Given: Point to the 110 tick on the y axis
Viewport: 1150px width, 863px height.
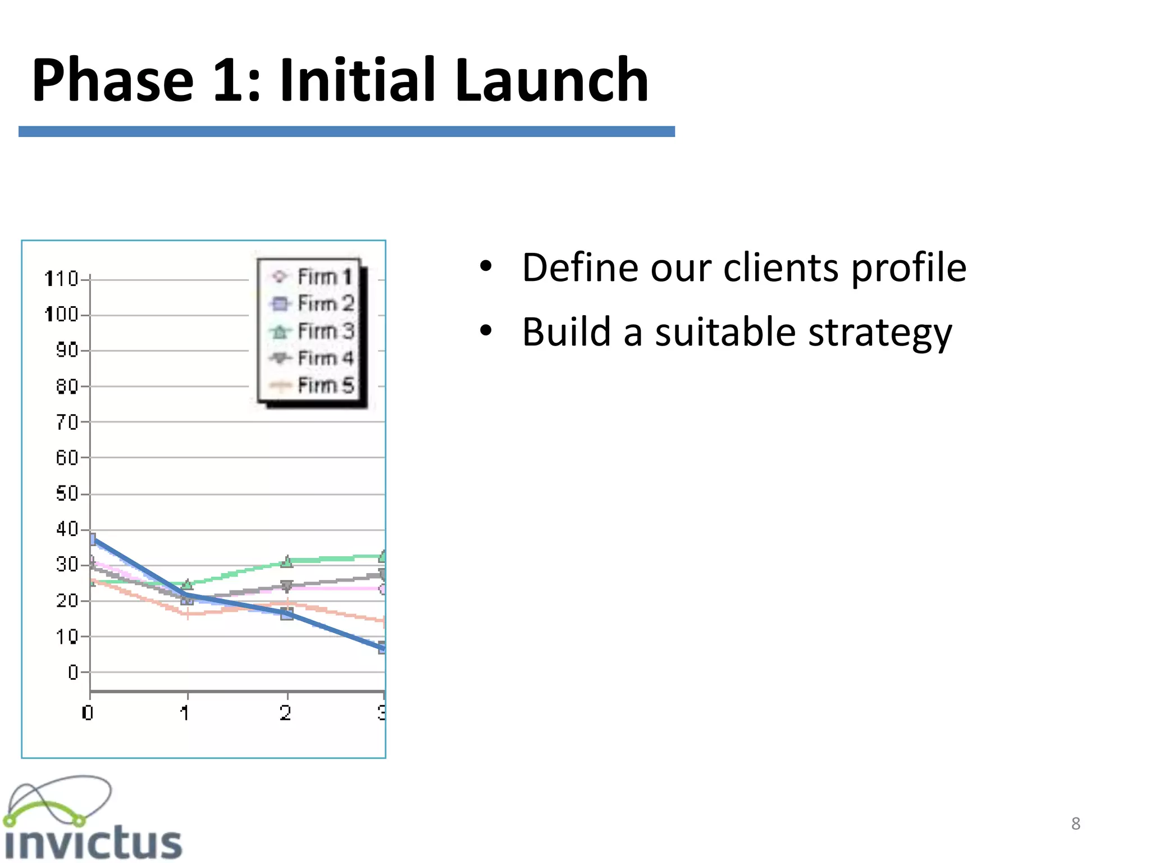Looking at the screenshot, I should click(61, 279).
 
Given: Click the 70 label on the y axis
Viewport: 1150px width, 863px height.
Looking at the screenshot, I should click(66, 422).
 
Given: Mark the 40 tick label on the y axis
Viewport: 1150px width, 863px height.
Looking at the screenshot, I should click(66, 529).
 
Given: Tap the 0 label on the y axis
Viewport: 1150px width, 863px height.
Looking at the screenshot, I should click(72, 672).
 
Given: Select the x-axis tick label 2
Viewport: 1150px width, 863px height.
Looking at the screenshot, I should click(286, 713).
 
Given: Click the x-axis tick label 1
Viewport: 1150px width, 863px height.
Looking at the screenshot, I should click(185, 713).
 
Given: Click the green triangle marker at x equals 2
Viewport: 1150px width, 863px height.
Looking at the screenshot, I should click(287, 561).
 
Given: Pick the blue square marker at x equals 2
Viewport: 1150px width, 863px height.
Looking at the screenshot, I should click(287, 614).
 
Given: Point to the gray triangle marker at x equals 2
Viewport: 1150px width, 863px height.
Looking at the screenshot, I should click(287, 587).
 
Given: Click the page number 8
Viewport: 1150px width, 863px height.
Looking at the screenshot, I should click(1075, 824).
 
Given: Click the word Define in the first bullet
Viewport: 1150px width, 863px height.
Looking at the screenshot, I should click(579, 267).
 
